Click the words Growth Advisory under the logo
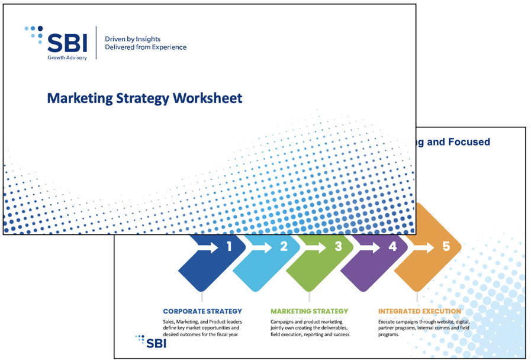67,57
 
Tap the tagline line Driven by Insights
132,38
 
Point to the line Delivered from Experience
145,47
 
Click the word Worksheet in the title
207,98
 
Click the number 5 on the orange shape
446,247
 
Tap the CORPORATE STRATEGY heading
202,311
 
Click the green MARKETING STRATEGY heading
309,311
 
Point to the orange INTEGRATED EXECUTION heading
419,311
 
